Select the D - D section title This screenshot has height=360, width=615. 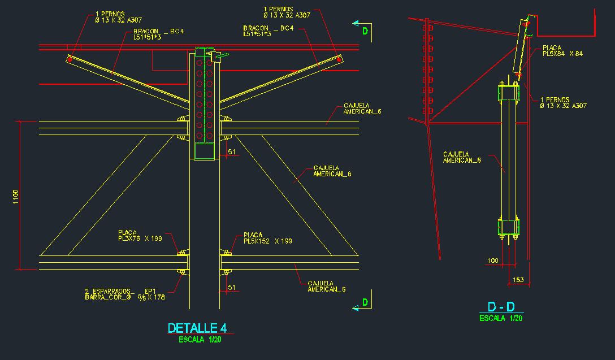click(x=501, y=307)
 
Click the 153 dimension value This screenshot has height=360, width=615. click(x=518, y=280)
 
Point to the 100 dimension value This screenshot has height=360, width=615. click(x=492, y=261)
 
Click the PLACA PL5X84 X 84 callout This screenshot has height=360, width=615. click(x=562, y=51)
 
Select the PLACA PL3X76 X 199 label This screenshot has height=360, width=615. click(x=140, y=236)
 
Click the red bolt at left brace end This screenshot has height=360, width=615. click(x=70, y=59)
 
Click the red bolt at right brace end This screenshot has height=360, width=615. click(x=338, y=58)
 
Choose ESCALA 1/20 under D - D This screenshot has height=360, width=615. click(x=501, y=318)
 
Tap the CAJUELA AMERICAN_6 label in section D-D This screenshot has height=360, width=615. click(x=462, y=157)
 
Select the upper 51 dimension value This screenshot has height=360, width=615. click(x=231, y=151)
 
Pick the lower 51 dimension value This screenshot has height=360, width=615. click(x=231, y=287)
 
